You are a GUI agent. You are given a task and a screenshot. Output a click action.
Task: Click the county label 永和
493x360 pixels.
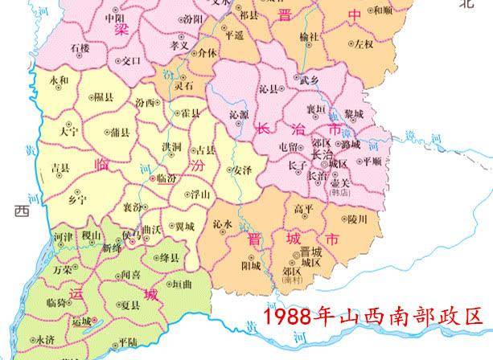(x=59, y=82)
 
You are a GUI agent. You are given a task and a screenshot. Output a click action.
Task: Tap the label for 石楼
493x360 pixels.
(x=80, y=49)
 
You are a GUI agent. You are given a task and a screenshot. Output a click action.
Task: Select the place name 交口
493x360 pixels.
(x=130, y=60)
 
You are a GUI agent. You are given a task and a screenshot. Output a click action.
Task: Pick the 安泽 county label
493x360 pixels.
(x=243, y=170)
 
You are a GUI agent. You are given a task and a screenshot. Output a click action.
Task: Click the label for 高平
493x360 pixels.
(x=303, y=208)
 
